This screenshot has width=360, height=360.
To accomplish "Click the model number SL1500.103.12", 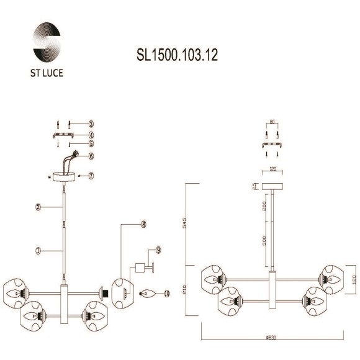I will (177, 55).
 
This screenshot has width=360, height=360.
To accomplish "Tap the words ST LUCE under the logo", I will (47, 73).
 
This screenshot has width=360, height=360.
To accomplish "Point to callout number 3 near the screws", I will (91, 124).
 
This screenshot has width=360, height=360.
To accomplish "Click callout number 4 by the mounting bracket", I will (91, 134).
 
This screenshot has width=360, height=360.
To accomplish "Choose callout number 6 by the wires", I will (91, 156).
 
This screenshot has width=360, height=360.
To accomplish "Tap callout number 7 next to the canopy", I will (91, 176).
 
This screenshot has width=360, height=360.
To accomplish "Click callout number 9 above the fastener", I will (159, 250).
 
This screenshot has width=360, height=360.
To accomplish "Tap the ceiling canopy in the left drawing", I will (65, 176).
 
